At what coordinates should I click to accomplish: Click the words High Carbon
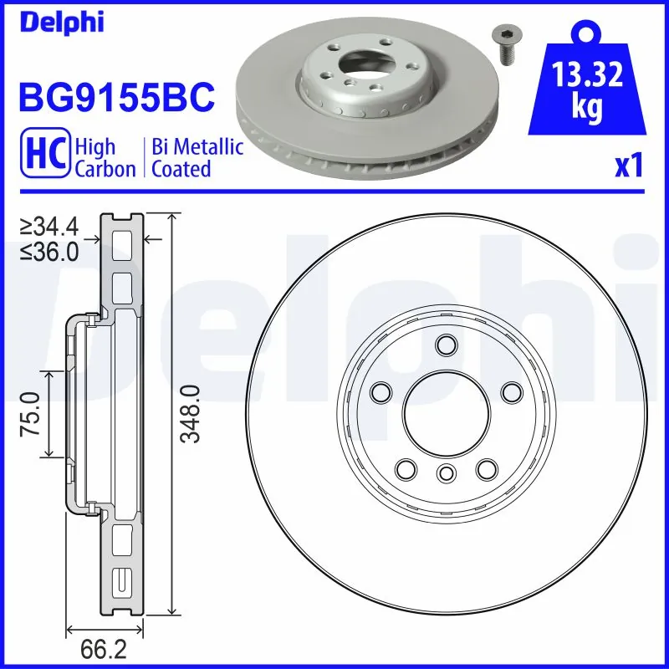pyautogui.click(x=105, y=158)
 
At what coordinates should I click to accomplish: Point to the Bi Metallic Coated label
pyautogui.click(x=197, y=158)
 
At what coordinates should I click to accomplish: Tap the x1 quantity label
pyautogui.click(x=628, y=167)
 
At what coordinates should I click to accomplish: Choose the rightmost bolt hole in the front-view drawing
pyautogui.click(x=508, y=391)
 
